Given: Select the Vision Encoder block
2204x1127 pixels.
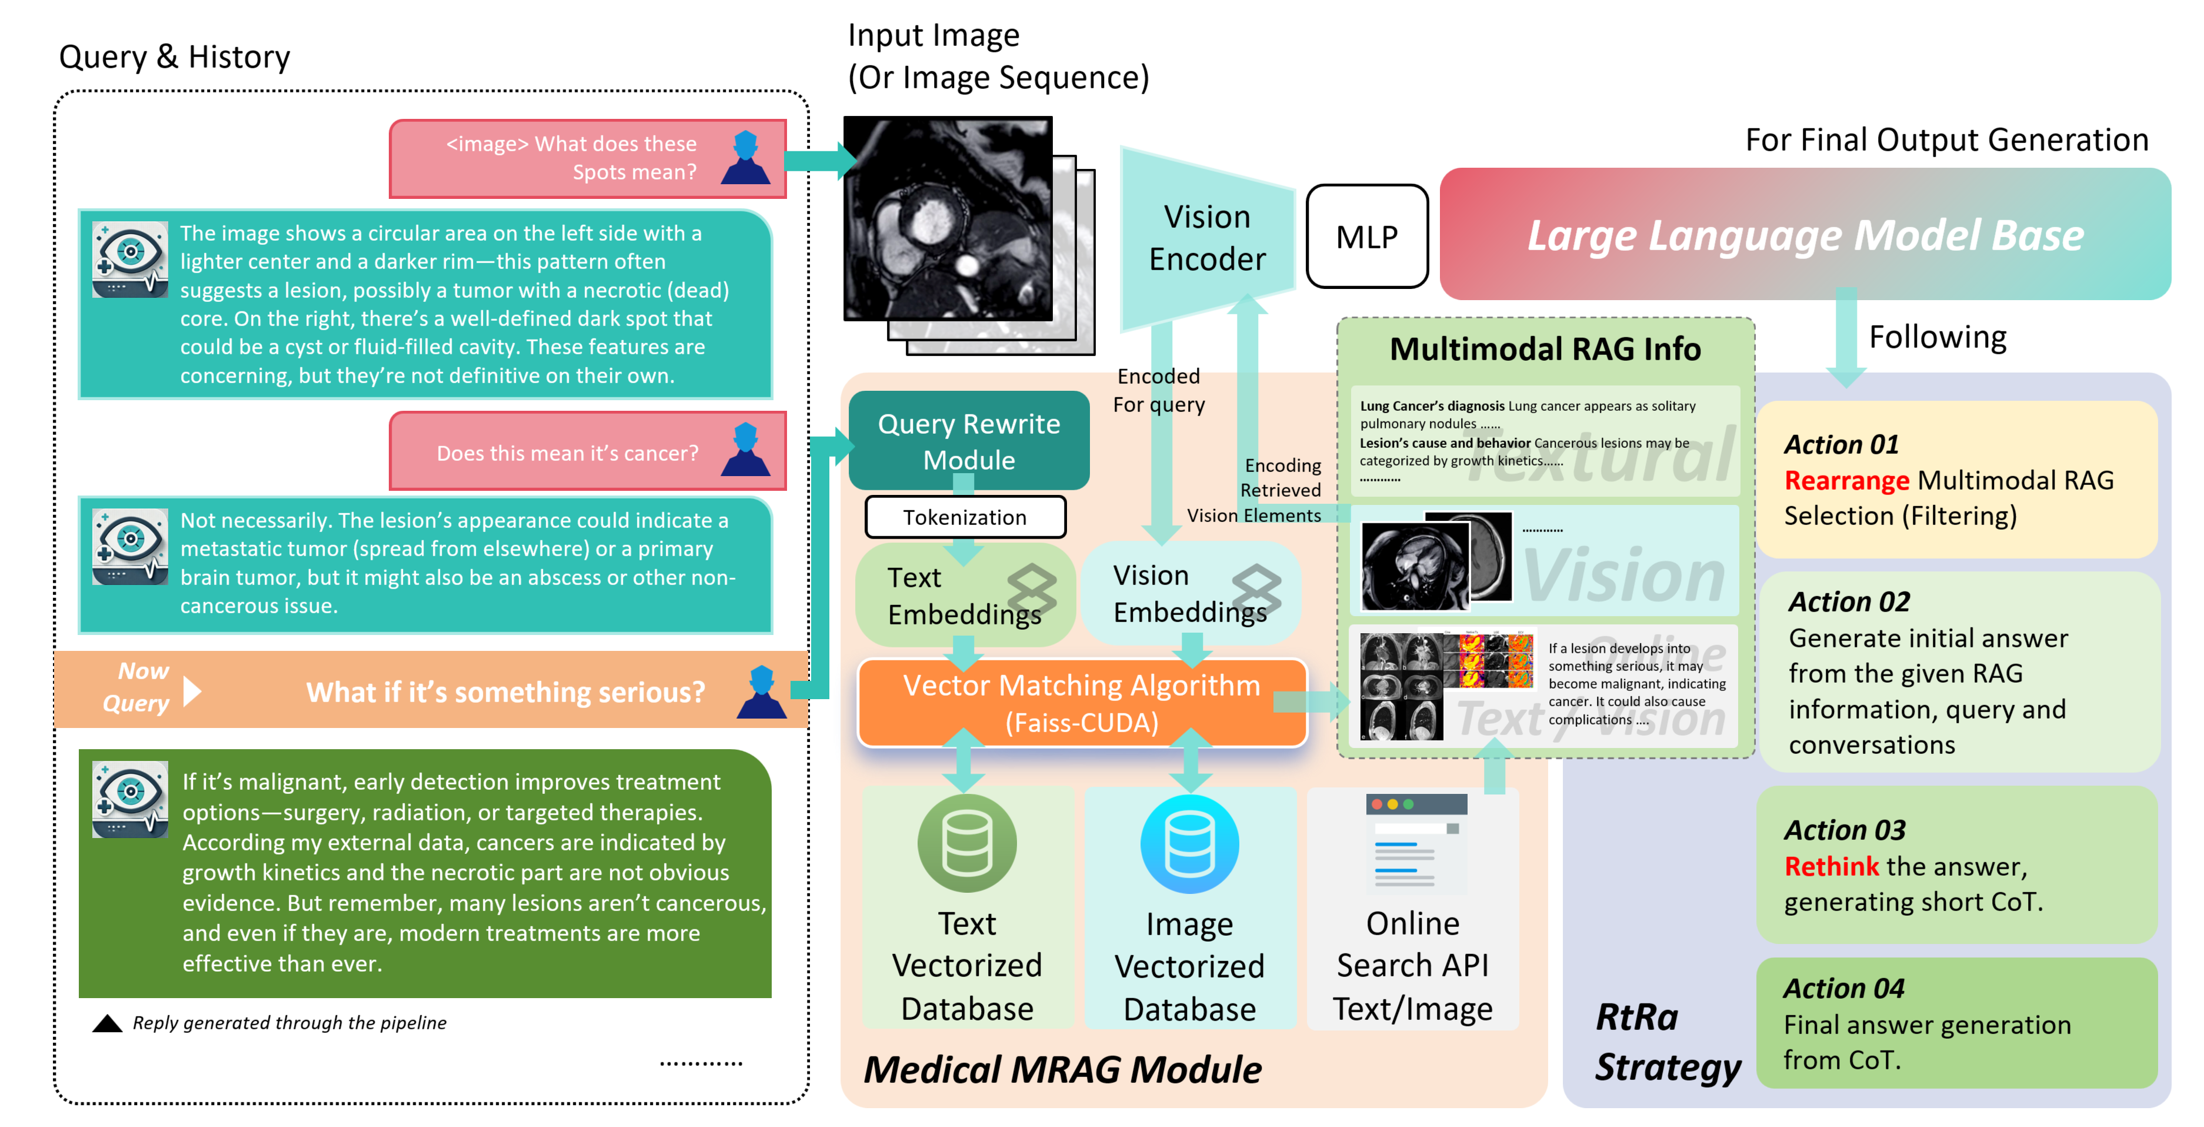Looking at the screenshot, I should coord(1206,238).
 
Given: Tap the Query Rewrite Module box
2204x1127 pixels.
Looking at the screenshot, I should coord(969,441).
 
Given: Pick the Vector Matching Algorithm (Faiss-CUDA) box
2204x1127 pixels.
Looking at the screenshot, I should coord(1082,703).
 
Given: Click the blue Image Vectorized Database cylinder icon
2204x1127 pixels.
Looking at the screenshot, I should coord(1189,845).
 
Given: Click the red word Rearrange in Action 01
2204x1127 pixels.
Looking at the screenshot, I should coord(1846,480).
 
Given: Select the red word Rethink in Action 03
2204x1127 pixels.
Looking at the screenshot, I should coord(1831,866).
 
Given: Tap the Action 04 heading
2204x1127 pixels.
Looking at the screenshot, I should coord(1844,988).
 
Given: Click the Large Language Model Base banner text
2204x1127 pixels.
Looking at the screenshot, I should coord(1805,235).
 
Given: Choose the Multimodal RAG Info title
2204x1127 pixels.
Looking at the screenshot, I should coord(1545,349).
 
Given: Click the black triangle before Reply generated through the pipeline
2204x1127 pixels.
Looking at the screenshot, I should coord(107,1023).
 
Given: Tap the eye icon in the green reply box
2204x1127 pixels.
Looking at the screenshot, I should coord(130,799).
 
